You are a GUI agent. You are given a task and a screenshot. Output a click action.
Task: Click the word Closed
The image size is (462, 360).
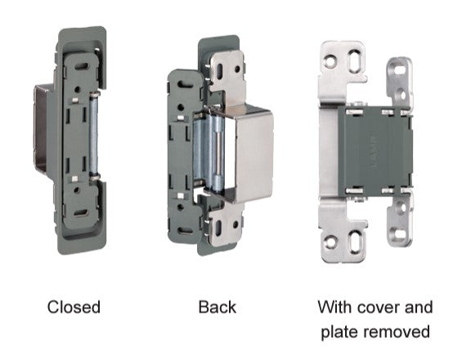pos(74,307)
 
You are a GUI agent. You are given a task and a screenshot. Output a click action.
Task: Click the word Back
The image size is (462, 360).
pos(218,307)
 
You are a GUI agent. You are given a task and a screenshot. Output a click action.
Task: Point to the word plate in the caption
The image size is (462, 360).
pos(339,332)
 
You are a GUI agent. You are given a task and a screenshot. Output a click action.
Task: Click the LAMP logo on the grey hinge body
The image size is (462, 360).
pos(374,151)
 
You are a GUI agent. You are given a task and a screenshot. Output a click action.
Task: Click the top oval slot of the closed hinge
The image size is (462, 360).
pos(81,66)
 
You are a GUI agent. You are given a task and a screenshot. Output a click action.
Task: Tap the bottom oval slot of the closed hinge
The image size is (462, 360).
pos(80,213)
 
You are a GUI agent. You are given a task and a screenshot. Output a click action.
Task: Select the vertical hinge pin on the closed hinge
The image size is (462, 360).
pos(94,136)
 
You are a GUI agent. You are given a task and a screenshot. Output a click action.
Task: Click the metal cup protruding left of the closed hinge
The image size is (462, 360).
pos(42,128)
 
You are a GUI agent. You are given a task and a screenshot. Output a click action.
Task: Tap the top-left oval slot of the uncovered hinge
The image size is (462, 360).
pos(353,61)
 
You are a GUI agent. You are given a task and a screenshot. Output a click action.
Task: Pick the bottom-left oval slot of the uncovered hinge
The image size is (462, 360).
pos(355,241)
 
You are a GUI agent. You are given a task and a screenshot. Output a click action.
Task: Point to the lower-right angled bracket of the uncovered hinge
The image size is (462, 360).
pos(400,219)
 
